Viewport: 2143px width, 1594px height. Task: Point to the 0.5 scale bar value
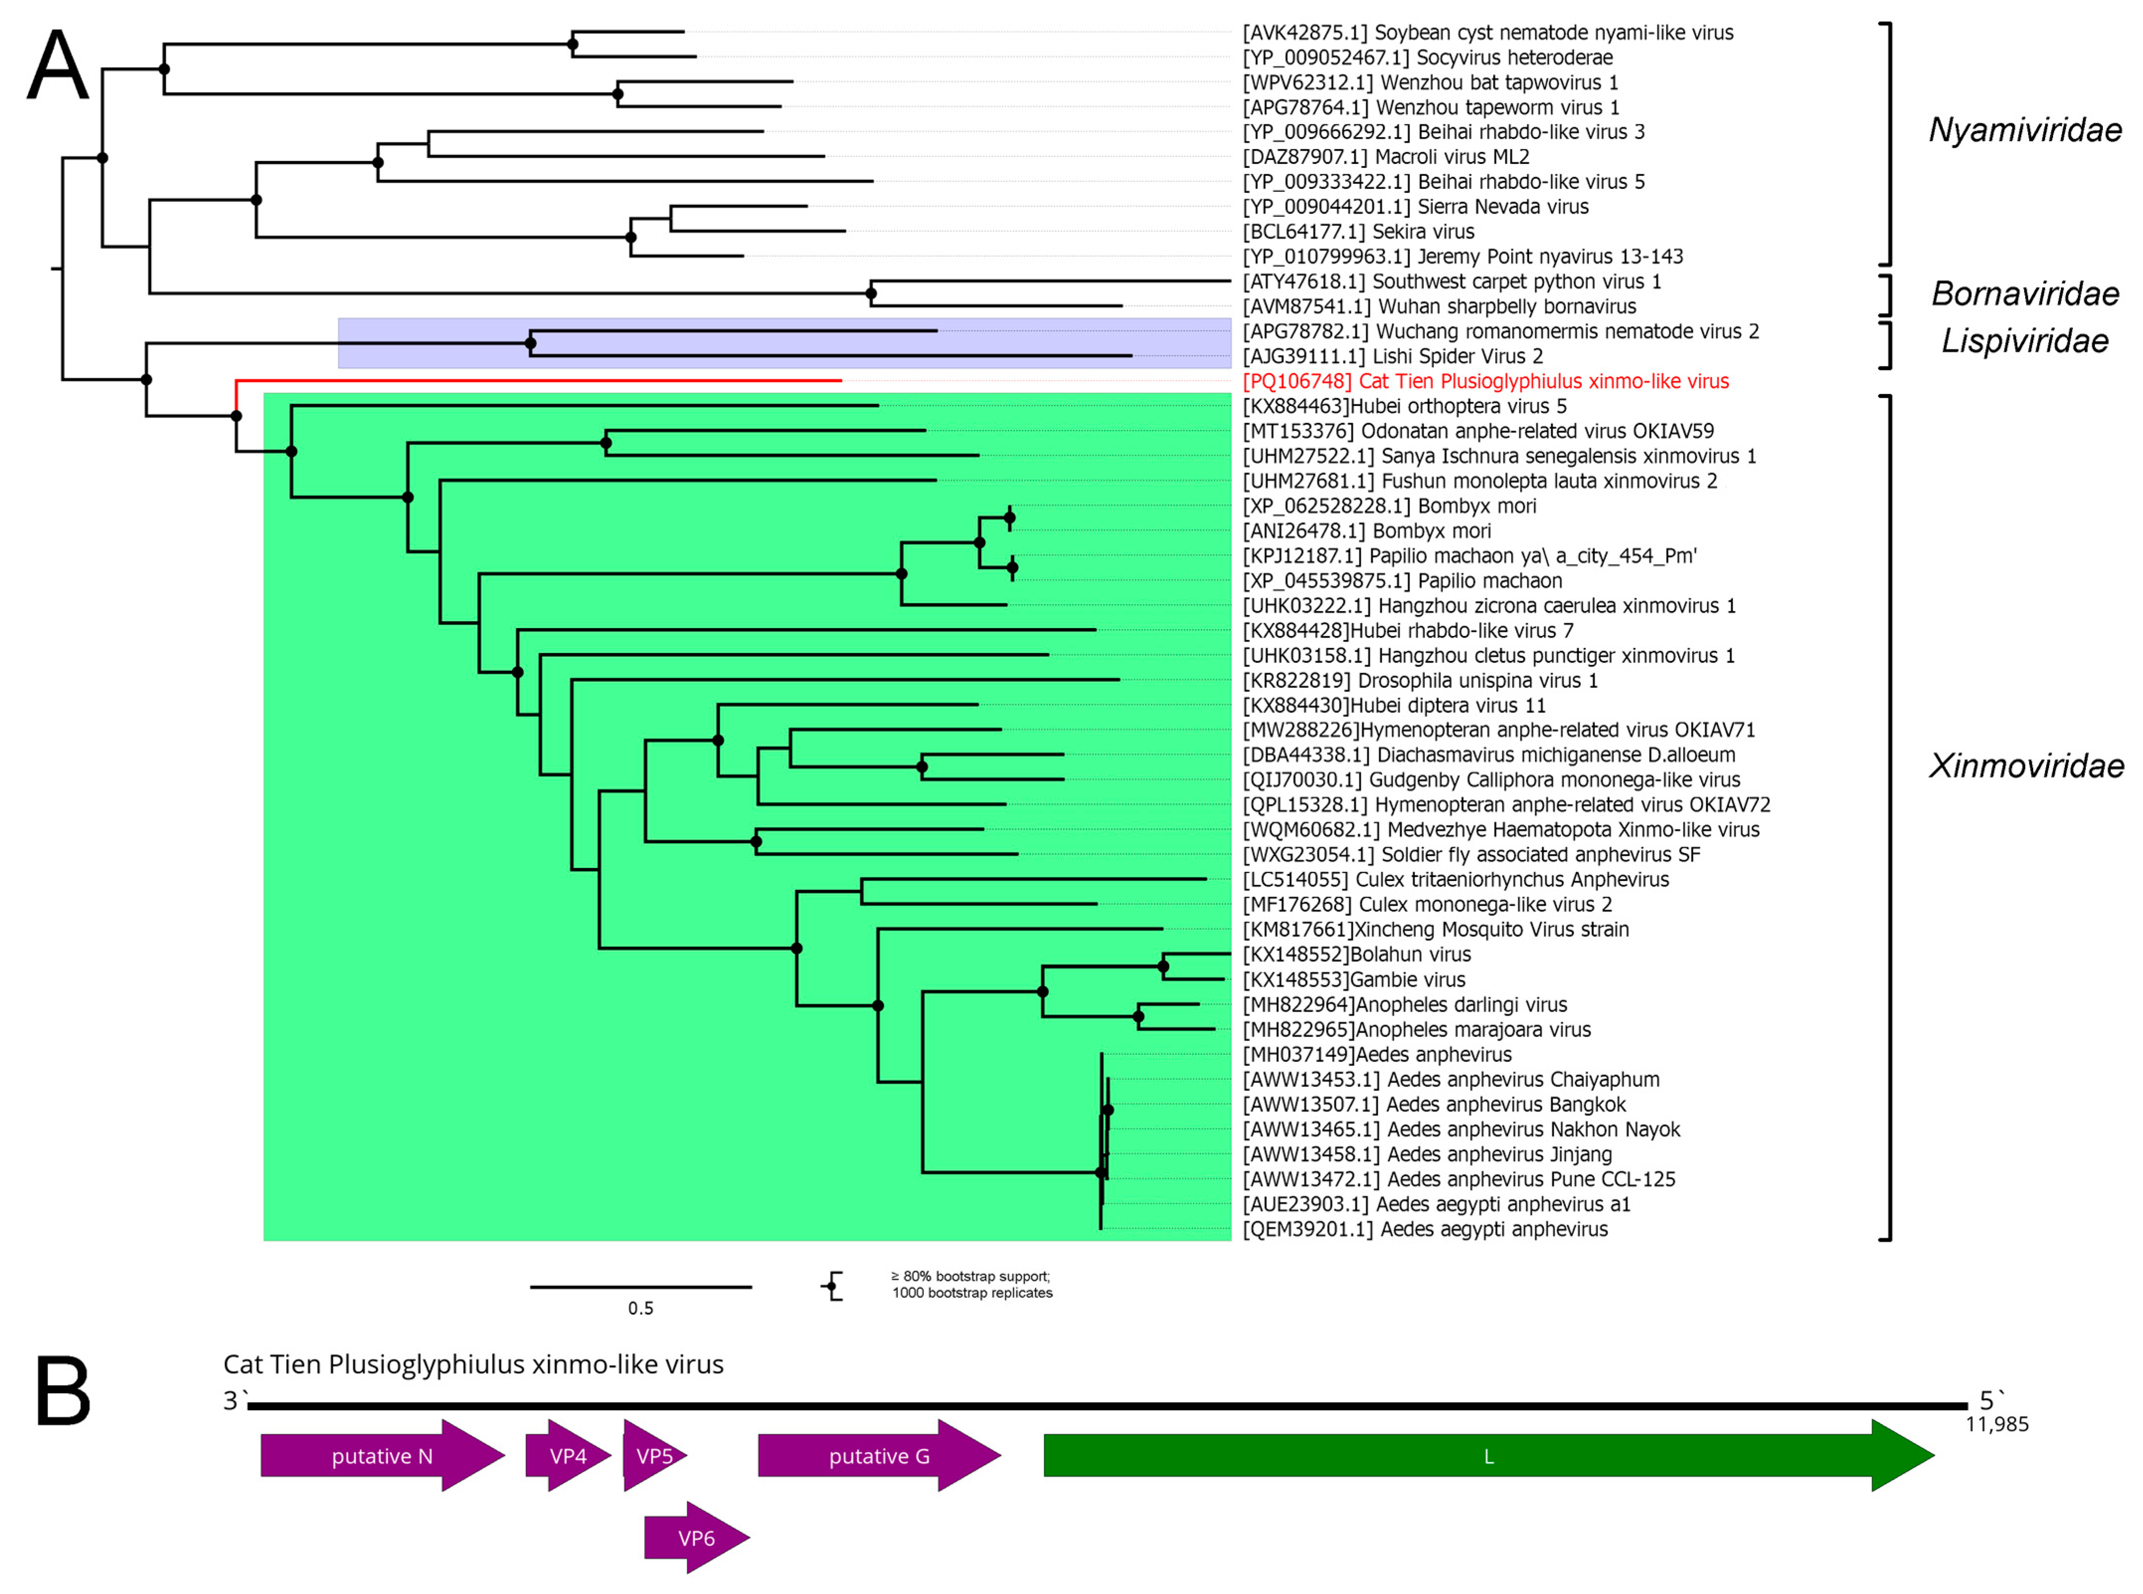coord(641,1308)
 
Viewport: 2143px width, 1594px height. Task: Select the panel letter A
coord(58,66)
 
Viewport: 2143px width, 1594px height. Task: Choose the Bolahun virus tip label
coord(1356,955)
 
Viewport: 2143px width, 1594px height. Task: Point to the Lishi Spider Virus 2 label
coord(1393,356)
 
